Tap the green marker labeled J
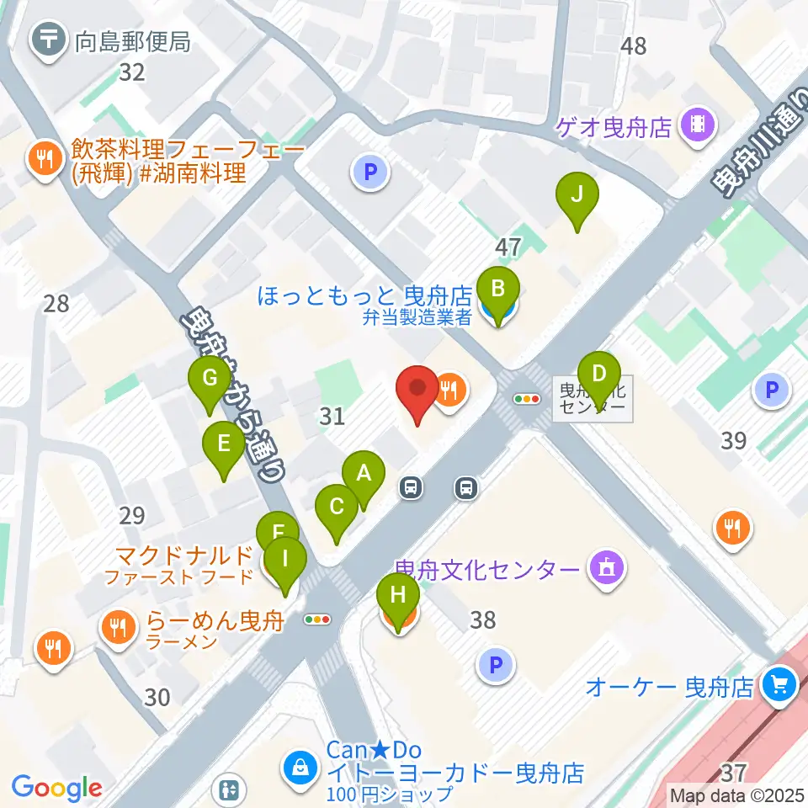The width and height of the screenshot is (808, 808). [x=577, y=195]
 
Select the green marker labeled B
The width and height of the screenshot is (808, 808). [x=497, y=290]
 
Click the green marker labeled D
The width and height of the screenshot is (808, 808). [x=598, y=375]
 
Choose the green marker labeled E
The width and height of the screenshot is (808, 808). [x=224, y=444]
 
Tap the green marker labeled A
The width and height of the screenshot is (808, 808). [x=364, y=474]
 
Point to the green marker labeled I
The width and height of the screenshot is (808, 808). [x=284, y=559]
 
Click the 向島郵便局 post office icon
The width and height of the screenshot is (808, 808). [x=50, y=39]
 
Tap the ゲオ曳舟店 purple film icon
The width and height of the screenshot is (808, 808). [x=698, y=126]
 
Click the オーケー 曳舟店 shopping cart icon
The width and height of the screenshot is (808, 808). [x=779, y=687]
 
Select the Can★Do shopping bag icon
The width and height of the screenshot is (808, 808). [x=299, y=767]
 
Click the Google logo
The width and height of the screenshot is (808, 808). [x=56, y=788]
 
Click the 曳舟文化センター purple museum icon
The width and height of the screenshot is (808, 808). [x=608, y=570]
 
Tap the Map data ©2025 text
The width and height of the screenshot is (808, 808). [x=737, y=795]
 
